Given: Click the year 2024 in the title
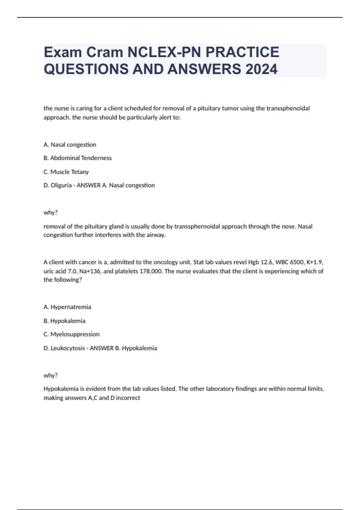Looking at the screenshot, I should [x=261, y=69].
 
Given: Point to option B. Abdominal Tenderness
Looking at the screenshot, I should [x=78, y=158].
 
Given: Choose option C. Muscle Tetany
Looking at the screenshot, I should [x=66, y=172].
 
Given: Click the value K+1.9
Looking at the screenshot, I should [x=314, y=262].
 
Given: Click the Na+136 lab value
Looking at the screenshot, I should [x=91, y=271].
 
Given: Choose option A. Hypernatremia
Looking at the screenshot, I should [x=67, y=307].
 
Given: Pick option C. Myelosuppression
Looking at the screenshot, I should [x=72, y=334].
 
